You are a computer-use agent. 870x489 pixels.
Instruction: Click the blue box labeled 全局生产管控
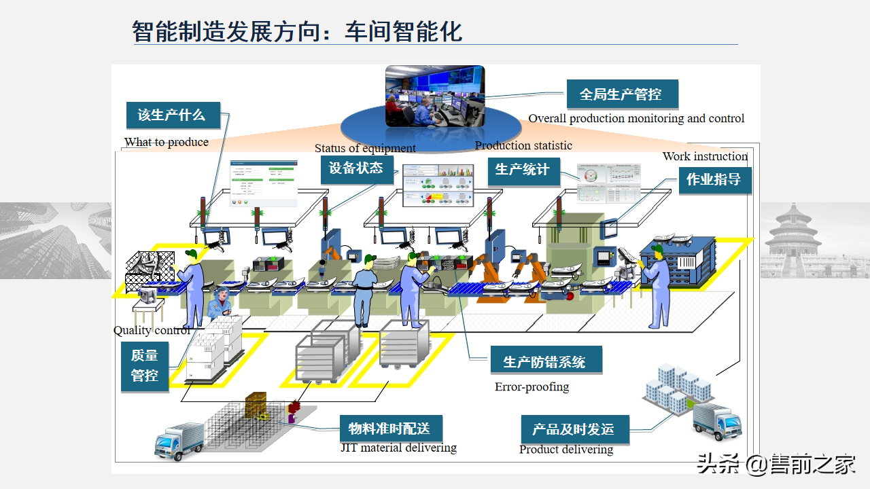click(x=621, y=94)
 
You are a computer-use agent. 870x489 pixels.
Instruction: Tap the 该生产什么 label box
click(x=173, y=115)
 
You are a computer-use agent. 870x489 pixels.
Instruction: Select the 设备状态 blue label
click(x=356, y=168)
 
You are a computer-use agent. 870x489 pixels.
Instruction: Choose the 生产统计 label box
click(x=523, y=170)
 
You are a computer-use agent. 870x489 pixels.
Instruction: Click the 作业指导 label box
click(x=714, y=180)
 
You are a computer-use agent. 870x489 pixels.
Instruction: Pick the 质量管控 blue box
click(x=145, y=366)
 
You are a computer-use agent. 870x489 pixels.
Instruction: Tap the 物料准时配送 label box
click(x=390, y=429)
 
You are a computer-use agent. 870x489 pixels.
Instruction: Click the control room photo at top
click(x=435, y=96)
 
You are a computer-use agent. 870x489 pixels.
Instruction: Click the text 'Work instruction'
click(x=705, y=156)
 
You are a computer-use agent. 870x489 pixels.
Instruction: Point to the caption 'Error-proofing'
click(x=532, y=387)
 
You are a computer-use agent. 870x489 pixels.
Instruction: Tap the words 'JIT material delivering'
click(x=398, y=448)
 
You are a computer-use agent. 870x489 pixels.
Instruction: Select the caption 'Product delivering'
click(x=566, y=450)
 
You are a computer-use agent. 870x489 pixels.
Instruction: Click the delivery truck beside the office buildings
click(x=716, y=421)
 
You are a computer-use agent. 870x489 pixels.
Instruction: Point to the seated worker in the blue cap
click(x=221, y=305)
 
